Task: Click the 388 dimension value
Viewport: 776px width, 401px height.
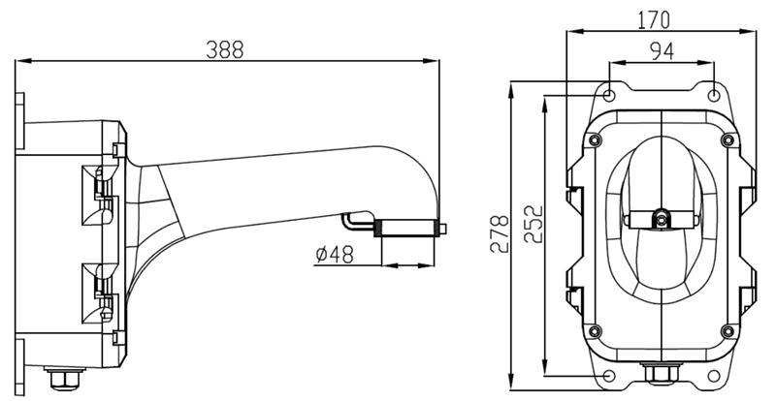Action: point(225,50)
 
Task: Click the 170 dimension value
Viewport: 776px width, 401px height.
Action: point(653,20)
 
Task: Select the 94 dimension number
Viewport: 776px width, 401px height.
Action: point(662,51)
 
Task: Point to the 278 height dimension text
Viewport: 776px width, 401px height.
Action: point(500,233)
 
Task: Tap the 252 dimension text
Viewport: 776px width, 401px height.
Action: point(533,224)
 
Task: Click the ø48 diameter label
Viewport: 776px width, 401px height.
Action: point(335,255)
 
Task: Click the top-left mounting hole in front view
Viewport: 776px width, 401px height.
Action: point(610,95)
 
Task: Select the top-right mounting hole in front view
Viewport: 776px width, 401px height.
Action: point(713,95)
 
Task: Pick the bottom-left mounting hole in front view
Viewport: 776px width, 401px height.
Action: point(610,376)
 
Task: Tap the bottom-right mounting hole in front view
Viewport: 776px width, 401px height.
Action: point(714,376)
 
